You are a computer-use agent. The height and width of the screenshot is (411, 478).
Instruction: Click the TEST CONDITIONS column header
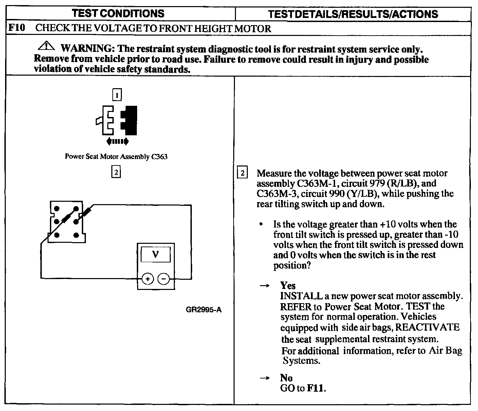click(x=118, y=14)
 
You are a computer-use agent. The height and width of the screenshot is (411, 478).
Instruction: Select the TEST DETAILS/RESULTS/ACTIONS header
click(x=353, y=14)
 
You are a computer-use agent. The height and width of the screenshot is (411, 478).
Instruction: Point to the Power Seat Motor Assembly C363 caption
click(x=116, y=157)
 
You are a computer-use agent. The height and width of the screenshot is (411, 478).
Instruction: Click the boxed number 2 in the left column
click(x=116, y=172)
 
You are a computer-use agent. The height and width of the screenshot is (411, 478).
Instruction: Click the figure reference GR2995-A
click(x=204, y=310)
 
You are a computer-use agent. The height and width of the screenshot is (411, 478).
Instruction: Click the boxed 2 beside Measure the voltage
click(x=242, y=173)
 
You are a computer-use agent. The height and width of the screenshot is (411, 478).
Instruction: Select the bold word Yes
click(x=288, y=286)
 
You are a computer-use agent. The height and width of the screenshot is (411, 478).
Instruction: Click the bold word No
click(x=287, y=378)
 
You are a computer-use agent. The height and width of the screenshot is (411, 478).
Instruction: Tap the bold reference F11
click(x=316, y=388)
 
